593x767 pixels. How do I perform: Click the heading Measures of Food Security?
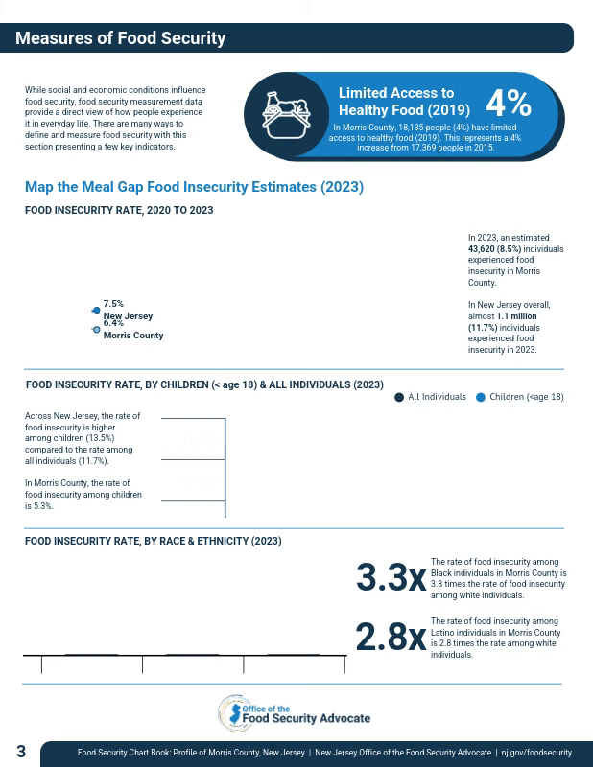pyautogui.click(x=120, y=38)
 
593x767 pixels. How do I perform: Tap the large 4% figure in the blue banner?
pyautogui.click(x=508, y=103)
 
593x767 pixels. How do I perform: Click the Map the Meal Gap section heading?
pyautogui.click(x=194, y=187)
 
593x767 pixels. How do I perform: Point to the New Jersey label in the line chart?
pyautogui.click(x=128, y=315)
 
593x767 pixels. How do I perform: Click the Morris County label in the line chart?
pyautogui.click(x=133, y=336)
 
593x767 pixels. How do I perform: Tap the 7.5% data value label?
pyautogui.click(x=113, y=304)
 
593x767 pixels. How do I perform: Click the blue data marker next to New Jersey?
pyautogui.click(x=96, y=310)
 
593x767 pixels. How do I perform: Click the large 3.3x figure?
pyautogui.click(x=391, y=578)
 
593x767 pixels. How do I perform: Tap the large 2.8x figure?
pyautogui.click(x=391, y=638)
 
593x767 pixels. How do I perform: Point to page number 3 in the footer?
pyautogui.click(x=21, y=753)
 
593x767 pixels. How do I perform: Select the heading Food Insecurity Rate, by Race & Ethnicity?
pyautogui.click(x=154, y=541)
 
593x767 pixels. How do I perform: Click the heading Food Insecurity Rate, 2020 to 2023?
pyautogui.click(x=119, y=210)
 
